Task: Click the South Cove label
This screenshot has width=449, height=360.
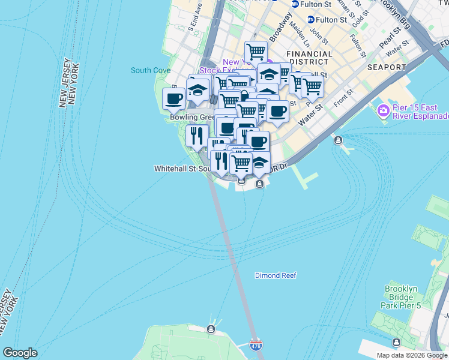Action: pyautogui.click(x=151, y=70)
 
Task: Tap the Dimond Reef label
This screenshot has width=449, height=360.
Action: pyautogui.click(x=276, y=275)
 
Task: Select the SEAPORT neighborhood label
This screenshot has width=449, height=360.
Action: pyautogui.click(x=386, y=67)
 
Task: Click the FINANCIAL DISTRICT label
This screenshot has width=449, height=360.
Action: pyautogui.click(x=310, y=58)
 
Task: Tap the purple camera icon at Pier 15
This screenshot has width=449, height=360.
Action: pyautogui.click(x=383, y=111)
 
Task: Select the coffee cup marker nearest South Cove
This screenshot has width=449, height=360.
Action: pyautogui.click(x=174, y=99)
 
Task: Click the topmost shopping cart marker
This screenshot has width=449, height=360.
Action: pyautogui.click(x=256, y=52)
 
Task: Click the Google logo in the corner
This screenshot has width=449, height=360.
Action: pyautogui.click(x=20, y=353)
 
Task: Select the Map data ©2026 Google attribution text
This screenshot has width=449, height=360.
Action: pyautogui.click(x=412, y=355)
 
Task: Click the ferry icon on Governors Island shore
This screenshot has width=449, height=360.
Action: pyautogui.click(x=211, y=329)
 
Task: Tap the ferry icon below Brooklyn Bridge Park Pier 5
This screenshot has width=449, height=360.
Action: pyautogui.click(x=396, y=342)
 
